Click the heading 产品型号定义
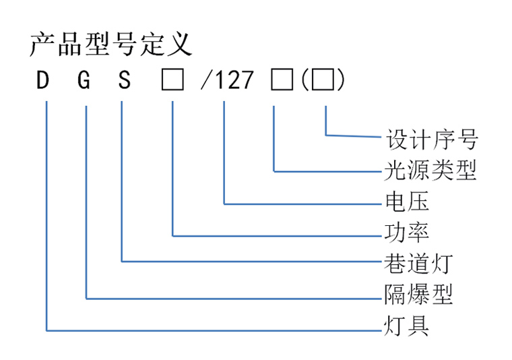(x=111, y=44)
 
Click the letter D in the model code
(x=42, y=80)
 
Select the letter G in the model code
(x=84, y=80)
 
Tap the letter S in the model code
(x=125, y=80)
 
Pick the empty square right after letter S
(x=172, y=80)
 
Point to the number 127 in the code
(x=234, y=80)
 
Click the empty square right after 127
(x=282, y=80)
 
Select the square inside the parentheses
(x=323, y=80)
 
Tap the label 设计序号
(x=432, y=139)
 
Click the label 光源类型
(x=430, y=170)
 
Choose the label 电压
(x=407, y=202)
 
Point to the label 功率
(x=406, y=233)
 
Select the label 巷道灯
(x=418, y=264)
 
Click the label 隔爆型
(x=418, y=295)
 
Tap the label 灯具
(x=406, y=326)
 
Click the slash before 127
(x=205, y=80)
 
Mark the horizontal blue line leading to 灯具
(x=214, y=330)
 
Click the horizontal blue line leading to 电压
(x=302, y=204)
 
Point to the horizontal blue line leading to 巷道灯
(x=252, y=262)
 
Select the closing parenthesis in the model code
(x=341, y=80)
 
